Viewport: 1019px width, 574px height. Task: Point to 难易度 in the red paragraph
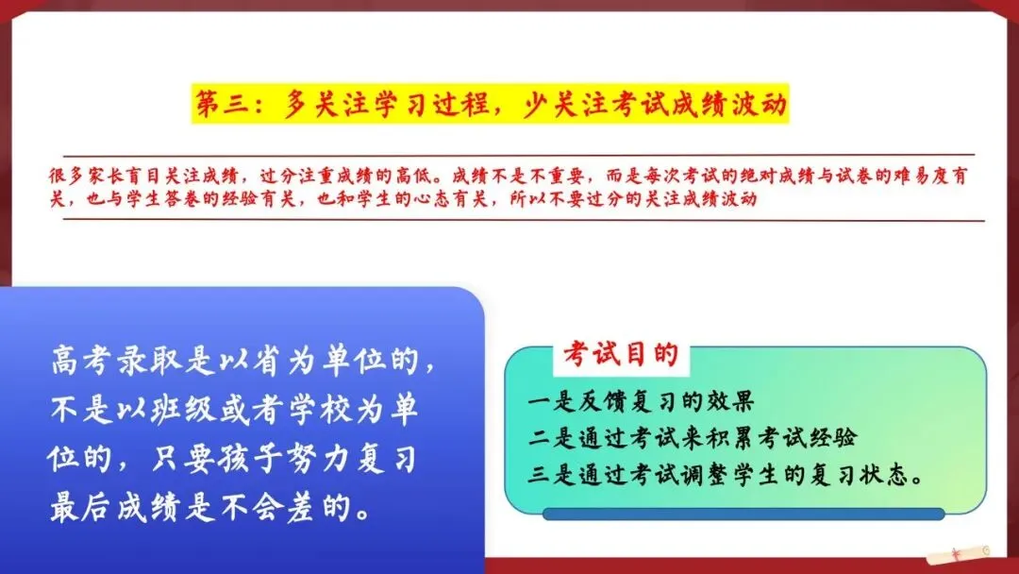click(922, 176)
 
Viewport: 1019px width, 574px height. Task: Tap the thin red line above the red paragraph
click(519, 155)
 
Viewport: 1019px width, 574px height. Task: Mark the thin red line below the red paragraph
click(524, 220)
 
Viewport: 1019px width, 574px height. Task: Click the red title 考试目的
click(621, 354)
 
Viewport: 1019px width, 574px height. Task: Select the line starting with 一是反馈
click(641, 401)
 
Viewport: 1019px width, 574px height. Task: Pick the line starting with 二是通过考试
click(693, 437)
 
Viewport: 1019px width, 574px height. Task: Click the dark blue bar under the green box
click(743, 515)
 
